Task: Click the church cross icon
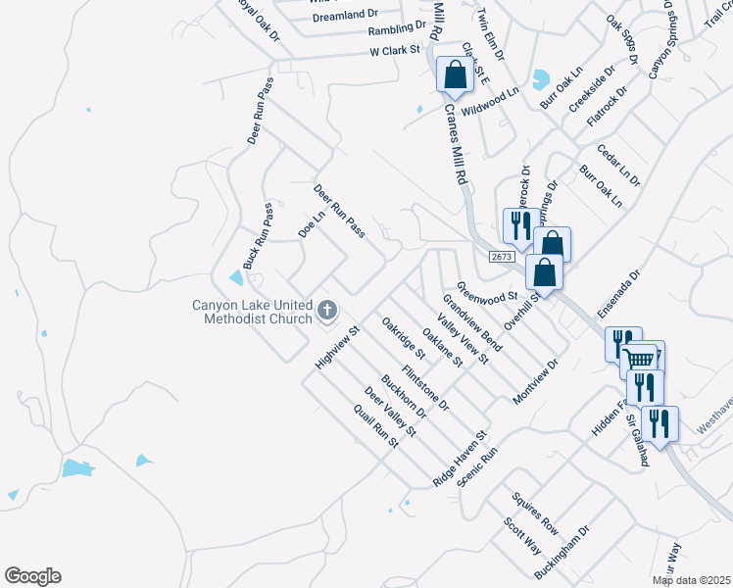327,312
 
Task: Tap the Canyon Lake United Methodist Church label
252,312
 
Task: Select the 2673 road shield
502,257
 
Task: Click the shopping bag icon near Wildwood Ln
456,74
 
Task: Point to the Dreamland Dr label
345,16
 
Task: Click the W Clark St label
394,49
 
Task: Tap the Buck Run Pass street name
258,237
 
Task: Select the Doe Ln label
311,224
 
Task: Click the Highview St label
339,348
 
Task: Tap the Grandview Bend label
471,321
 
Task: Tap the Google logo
32,576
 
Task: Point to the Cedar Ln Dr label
622,167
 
